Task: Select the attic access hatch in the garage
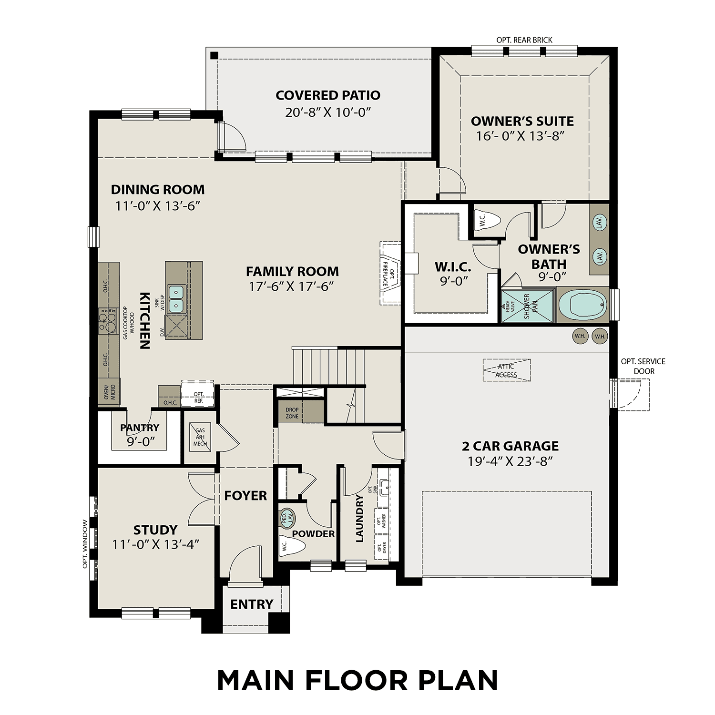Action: point(507,370)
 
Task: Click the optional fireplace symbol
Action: point(390,273)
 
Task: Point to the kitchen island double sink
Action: point(176,298)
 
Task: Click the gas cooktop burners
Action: point(108,321)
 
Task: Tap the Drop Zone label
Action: point(292,413)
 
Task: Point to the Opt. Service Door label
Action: point(643,366)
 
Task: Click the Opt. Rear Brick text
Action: point(524,40)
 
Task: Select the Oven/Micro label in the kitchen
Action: point(109,391)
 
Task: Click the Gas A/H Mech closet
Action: point(200,437)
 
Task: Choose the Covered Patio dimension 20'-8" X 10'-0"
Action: point(328,112)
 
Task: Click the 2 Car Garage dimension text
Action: point(510,461)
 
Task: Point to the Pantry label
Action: point(140,428)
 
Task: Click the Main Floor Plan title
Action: point(357,680)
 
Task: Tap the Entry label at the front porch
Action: point(251,604)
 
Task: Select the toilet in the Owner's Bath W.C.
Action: point(489,221)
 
